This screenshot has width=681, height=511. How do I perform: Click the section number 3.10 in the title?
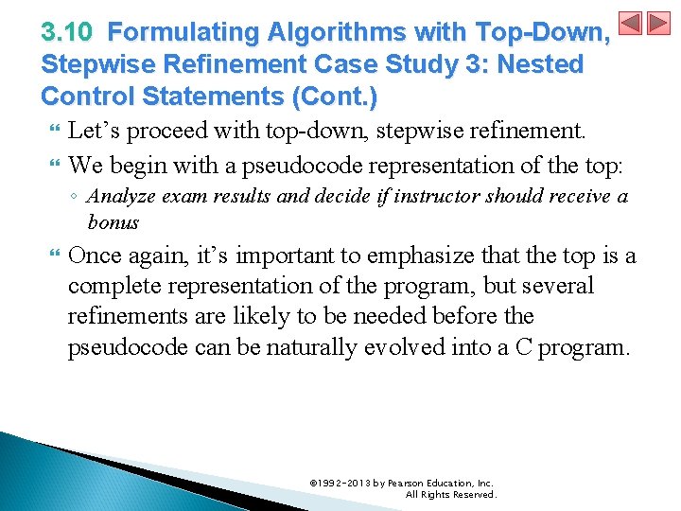66,33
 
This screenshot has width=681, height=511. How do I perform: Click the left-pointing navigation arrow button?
631,24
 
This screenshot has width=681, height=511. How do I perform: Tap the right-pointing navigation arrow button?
658,24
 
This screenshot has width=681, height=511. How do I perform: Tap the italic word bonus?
113,223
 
